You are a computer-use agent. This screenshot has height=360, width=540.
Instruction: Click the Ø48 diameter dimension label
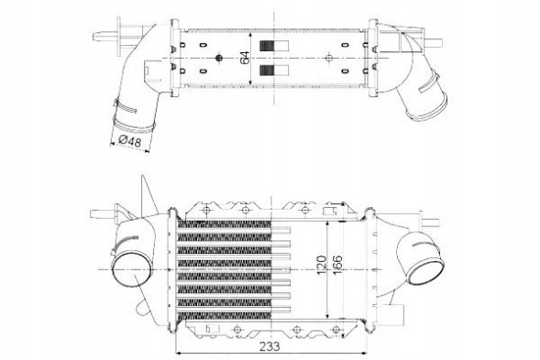[130, 141]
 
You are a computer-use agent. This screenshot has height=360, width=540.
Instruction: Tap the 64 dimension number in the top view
[245, 58]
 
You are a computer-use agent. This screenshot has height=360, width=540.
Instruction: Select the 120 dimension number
[321, 265]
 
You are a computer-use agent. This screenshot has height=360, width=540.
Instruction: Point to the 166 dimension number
[337, 265]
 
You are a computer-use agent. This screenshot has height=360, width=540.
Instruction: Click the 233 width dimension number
[270, 346]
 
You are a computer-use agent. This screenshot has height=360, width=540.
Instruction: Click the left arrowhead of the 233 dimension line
[178, 353]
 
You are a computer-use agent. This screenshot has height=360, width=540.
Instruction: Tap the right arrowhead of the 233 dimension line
[364, 353]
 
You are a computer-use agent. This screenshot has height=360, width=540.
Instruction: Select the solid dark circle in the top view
[218, 58]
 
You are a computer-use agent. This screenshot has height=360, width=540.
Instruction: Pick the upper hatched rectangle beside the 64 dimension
[274, 46]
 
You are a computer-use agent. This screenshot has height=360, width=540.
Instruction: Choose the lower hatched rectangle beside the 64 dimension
[274, 71]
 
